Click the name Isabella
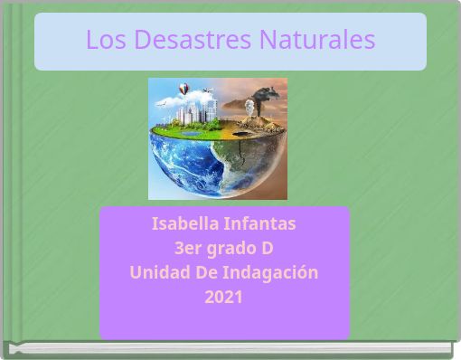pyautogui.click(x=186, y=223)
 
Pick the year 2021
pyautogui.click(x=223, y=297)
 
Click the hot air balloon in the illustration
pyautogui.click(x=184, y=90)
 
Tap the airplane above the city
pyautogui.click(x=208, y=90)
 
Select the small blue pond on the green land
pyautogui.click(x=191, y=133)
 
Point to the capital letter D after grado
pyautogui.click(x=268, y=248)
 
